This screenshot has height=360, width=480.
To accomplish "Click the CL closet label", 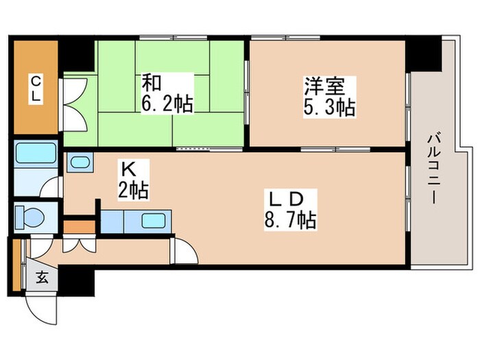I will (x=35, y=89).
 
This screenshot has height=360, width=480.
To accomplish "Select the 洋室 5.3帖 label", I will (x=329, y=97).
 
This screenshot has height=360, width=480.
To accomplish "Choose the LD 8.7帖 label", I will (x=291, y=209).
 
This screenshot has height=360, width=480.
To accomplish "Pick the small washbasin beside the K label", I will (x=81, y=163).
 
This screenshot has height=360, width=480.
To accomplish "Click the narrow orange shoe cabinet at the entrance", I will (x=15, y=264).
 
